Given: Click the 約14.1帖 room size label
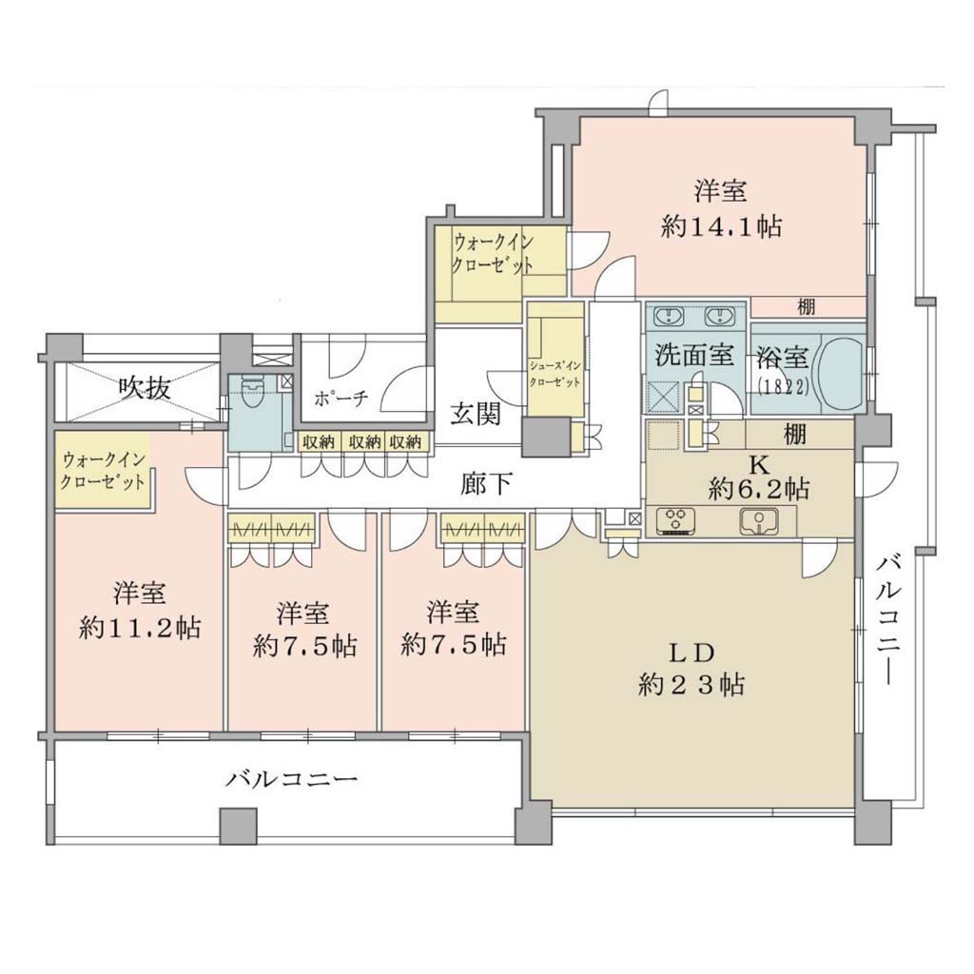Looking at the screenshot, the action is click(x=721, y=226).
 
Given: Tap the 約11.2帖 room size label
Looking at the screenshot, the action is click(x=140, y=629).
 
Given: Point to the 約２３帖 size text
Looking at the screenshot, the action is click(x=692, y=685).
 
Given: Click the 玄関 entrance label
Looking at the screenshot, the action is click(x=476, y=413).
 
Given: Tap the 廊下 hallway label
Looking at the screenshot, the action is click(x=486, y=484).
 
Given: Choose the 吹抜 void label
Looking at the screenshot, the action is click(x=145, y=388).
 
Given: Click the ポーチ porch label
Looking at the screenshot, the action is click(x=341, y=399).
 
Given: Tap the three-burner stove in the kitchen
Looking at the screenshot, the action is click(x=674, y=521).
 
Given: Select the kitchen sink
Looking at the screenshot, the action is click(x=759, y=520).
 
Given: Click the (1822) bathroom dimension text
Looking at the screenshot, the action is click(x=784, y=387).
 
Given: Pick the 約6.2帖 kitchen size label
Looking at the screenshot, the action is click(x=758, y=490).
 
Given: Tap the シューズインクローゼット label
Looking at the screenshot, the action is click(x=555, y=373).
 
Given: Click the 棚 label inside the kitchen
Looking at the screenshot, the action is click(x=794, y=434).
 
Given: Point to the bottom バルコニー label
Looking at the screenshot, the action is click(x=291, y=778).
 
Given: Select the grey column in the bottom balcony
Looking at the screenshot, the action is click(x=239, y=826).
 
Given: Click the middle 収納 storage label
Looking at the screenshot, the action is click(x=364, y=441).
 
